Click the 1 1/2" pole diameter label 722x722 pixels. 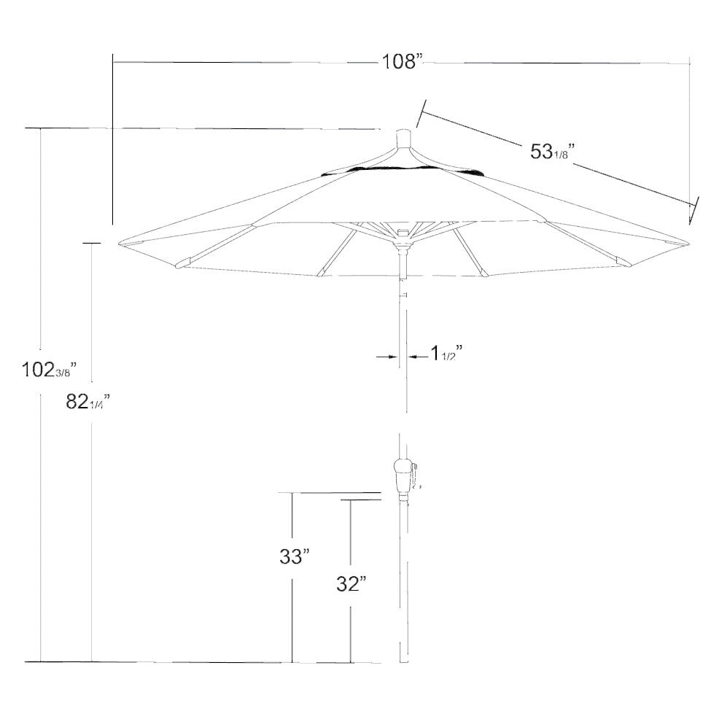[446, 354]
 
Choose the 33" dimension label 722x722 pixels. [295, 557]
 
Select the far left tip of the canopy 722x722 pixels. [119, 243]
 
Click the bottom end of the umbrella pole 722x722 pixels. [403, 661]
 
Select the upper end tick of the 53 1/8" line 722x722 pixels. [419, 113]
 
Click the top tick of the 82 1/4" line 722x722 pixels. [92, 243]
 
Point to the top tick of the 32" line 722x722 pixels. [351, 500]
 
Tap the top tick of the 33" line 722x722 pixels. [293, 493]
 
